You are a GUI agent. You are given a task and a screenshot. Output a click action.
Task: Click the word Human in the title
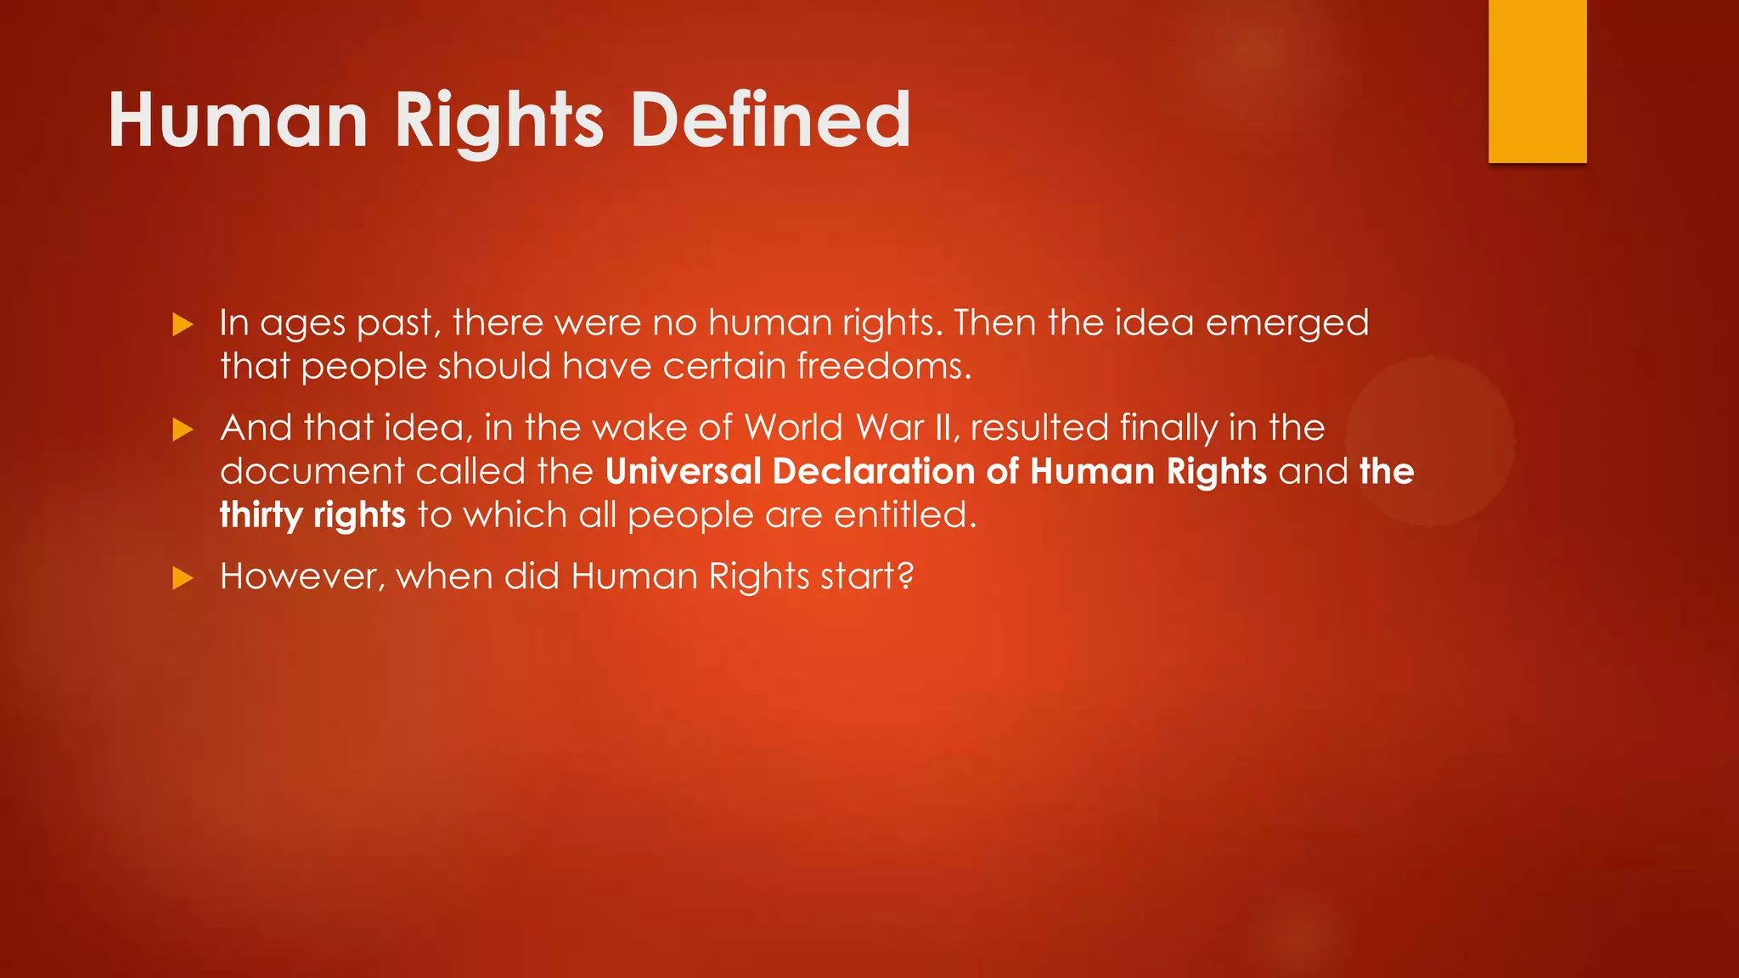pos(238,121)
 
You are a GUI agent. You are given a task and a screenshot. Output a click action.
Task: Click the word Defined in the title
pos(770,121)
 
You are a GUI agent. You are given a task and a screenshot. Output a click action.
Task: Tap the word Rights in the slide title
pos(499,121)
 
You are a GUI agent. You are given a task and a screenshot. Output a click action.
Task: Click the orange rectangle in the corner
pos(1537,81)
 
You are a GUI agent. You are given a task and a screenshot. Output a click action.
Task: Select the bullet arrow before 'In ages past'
pos(183,324)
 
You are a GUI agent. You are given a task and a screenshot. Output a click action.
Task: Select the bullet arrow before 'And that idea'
pos(183,430)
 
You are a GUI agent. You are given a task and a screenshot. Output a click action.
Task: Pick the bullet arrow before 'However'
pos(183,579)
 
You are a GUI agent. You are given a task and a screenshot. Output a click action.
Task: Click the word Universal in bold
pos(684,471)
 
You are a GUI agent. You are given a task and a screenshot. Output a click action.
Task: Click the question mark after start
pos(906,576)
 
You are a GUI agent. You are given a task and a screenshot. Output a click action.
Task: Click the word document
pos(312,471)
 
